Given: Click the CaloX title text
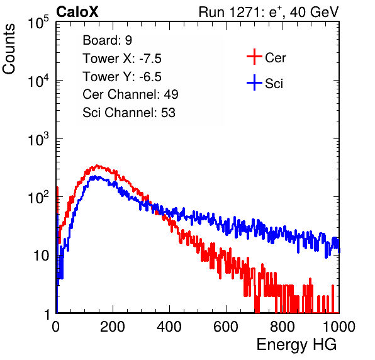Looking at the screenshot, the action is click(77, 12).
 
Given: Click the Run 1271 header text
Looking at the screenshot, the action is click(269, 12).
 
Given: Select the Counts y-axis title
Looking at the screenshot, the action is click(9, 49).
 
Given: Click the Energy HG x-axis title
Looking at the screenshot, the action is click(296, 345).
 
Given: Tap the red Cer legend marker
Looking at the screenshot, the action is click(254, 57).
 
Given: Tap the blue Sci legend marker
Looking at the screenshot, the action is click(254, 83).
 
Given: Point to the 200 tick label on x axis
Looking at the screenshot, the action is click(113, 327).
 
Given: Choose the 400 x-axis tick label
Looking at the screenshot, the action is click(169, 327).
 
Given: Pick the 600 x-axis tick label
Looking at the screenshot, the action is click(226, 327).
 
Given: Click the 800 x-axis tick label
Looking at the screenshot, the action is click(283, 327).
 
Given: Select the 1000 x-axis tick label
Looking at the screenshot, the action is click(339, 327).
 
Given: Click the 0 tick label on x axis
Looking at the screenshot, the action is click(55, 327).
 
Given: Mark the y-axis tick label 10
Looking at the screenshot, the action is click(41, 256).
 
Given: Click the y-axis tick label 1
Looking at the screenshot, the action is click(47, 315).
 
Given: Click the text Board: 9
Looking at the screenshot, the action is click(107, 40).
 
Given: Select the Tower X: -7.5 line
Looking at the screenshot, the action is click(122, 59).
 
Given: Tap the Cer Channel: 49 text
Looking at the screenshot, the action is click(130, 94).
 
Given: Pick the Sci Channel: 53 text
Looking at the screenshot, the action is click(129, 113).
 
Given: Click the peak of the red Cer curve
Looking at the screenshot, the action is click(97, 166).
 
